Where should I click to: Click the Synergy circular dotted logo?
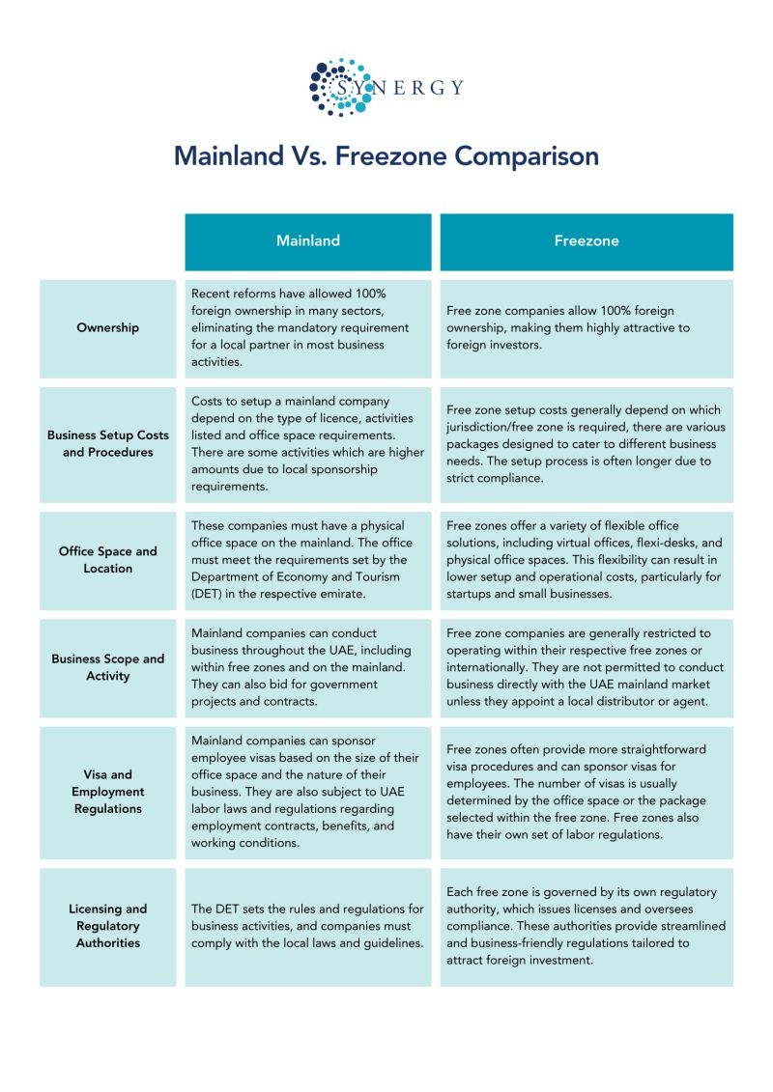click(x=339, y=88)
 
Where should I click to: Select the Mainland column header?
click(x=308, y=240)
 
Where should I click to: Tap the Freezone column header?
click(x=586, y=240)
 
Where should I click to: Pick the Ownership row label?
click(x=107, y=327)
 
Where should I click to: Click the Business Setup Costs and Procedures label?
click(x=107, y=443)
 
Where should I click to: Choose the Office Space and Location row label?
click(x=107, y=560)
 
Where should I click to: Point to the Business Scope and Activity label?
click(x=107, y=667)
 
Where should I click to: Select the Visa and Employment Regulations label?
click(x=107, y=791)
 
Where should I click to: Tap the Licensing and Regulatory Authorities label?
click(x=107, y=926)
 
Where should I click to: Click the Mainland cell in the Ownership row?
click(x=308, y=327)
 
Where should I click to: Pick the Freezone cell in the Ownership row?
click(x=586, y=327)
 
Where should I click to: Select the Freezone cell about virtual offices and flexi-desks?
click(x=586, y=560)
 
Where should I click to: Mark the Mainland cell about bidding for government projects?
click(x=308, y=667)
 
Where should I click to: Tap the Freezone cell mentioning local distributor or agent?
click(x=586, y=667)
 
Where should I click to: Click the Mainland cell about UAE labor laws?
click(x=308, y=791)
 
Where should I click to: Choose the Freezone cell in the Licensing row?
click(x=586, y=926)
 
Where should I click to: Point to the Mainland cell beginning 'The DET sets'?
click(x=308, y=926)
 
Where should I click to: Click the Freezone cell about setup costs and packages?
click(x=586, y=443)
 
